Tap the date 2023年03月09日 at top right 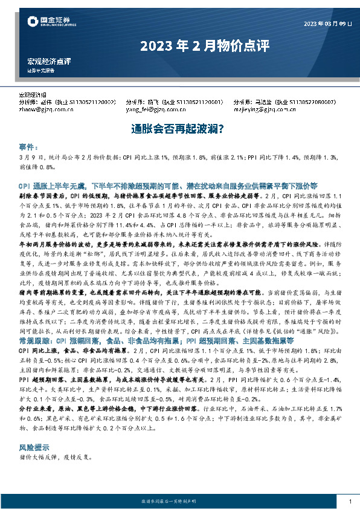click(x=327, y=24)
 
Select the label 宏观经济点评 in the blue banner click(x=50, y=62)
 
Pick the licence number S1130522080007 click(x=309, y=103)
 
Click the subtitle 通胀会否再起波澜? click(x=179, y=129)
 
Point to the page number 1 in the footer click(x=350, y=501)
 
